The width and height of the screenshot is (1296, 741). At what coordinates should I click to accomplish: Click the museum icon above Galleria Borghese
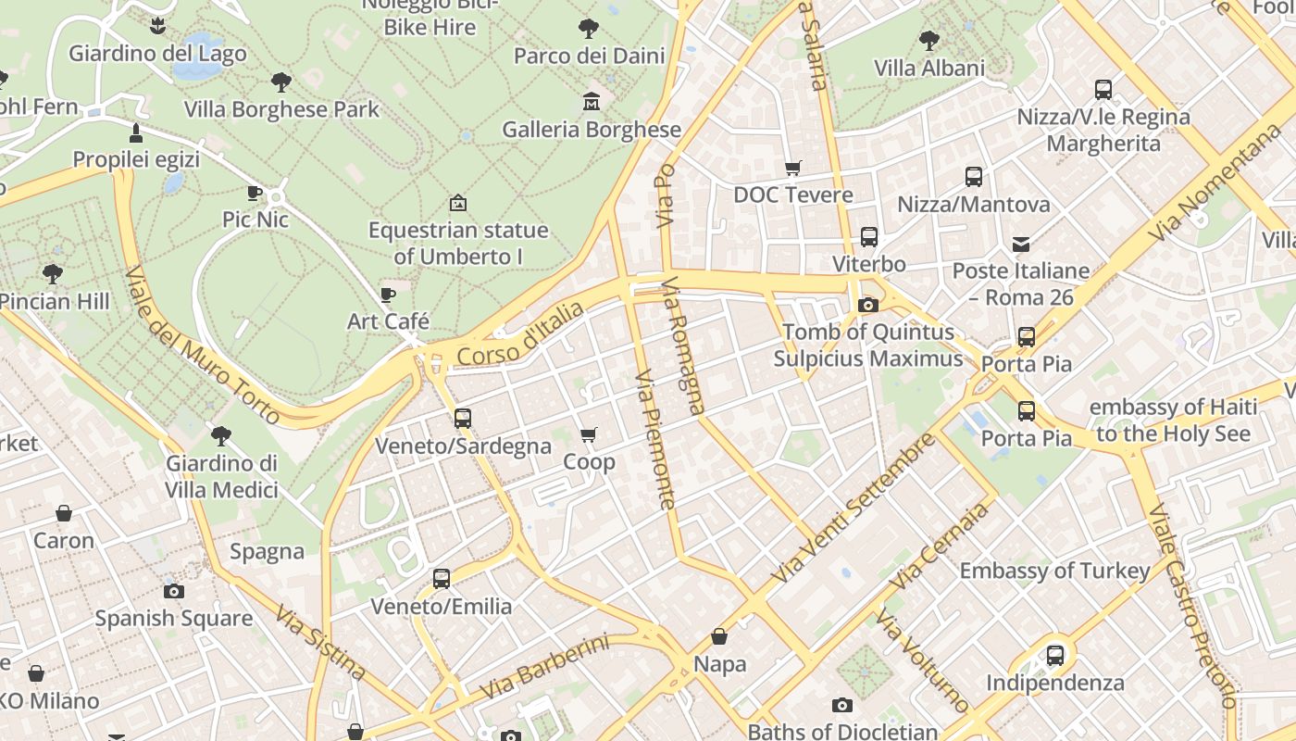592,101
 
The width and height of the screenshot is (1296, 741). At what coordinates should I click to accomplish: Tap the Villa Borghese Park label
281,109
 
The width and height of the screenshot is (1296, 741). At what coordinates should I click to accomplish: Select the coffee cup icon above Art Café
388,295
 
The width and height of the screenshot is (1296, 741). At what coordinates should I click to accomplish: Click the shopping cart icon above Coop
589,434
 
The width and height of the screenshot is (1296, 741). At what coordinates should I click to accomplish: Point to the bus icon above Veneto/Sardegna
463,418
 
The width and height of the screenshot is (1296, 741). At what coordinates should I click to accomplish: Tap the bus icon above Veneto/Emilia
442,579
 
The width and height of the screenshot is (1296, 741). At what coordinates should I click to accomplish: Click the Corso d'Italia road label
521,333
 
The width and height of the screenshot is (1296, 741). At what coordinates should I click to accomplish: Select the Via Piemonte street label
655,440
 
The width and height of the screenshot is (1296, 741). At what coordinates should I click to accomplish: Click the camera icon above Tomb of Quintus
867,305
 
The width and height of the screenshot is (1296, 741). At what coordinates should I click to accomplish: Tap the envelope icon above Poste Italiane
1021,245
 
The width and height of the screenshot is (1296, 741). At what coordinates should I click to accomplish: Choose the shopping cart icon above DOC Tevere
792,168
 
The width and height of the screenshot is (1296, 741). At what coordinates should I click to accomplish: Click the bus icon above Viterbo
868,237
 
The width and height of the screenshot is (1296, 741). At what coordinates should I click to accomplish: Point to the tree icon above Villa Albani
928,41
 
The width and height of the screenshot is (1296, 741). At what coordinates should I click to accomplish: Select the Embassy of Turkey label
1054,571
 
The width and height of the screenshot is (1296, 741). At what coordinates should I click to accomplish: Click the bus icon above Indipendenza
1054,656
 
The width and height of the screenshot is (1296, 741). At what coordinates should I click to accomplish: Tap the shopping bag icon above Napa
719,637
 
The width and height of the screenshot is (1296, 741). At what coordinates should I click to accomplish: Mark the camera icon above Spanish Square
173,591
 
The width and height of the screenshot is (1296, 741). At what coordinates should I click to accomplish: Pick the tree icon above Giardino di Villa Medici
221,435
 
